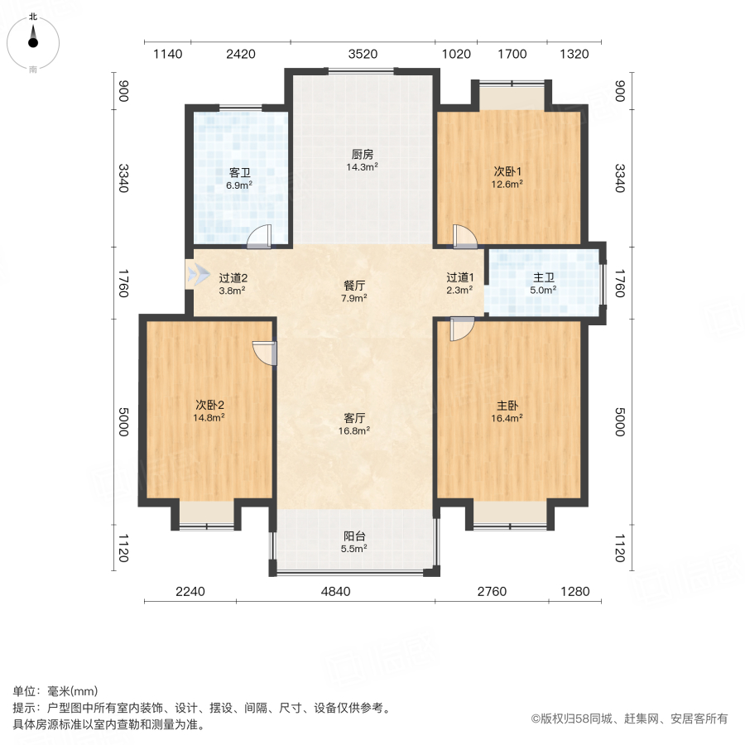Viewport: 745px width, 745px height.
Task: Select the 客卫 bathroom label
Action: point(240,173)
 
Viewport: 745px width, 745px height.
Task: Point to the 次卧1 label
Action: point(507,171)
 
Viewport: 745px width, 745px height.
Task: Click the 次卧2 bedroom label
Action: point(210,405)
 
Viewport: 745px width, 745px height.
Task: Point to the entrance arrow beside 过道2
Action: point(198,275)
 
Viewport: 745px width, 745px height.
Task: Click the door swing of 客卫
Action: point(259,237)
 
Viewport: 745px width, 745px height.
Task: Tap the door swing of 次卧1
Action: point(464,237)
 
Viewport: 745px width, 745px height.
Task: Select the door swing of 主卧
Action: point(461,329)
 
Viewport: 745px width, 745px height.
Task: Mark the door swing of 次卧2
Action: point(263,353)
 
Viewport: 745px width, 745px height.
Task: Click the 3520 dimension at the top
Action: point(363,55)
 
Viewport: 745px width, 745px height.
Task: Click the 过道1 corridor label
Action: point(459,278)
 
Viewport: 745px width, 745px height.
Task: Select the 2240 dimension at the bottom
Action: point(190,592)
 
